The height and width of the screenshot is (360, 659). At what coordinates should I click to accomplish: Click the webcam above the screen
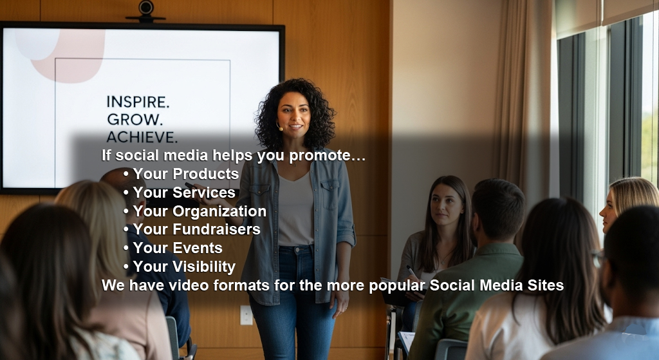click(146, 11)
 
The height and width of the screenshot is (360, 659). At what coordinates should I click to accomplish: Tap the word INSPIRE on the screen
click(138, 102)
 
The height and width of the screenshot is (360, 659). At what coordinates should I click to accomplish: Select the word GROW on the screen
click(134, 119)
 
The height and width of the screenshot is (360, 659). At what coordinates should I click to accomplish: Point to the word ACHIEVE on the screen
click(142, 137)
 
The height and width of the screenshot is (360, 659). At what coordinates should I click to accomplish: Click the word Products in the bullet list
click(205, 174)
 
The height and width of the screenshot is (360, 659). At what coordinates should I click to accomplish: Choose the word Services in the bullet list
click(204, 192)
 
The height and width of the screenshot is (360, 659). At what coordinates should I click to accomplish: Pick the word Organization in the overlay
click(219, 211)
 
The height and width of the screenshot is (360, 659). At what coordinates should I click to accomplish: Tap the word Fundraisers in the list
click(216, 229)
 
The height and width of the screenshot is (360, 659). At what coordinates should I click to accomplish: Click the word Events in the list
click(198, 248)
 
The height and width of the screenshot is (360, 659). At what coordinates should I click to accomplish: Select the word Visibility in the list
click(204, 267)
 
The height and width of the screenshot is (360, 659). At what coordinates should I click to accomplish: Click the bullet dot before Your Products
click(125, 174)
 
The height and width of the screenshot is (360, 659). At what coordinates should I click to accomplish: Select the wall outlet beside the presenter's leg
click(246, 315)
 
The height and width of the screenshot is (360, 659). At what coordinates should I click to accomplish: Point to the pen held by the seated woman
click(411, 272)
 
